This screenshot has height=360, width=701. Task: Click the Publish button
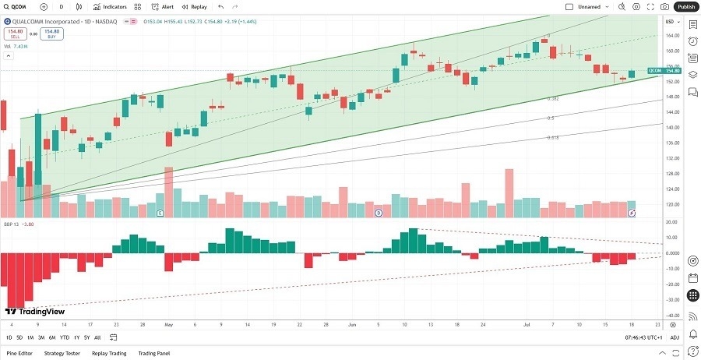point(685,6)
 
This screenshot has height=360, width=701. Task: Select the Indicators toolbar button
point(109,6)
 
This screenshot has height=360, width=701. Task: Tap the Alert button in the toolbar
point(163,6)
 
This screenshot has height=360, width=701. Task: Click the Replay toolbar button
point(196,6)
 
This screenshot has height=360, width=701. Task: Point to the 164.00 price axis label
point(671,36)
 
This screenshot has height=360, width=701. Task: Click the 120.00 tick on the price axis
point(671,205)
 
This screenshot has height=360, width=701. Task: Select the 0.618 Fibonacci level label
point(552,137)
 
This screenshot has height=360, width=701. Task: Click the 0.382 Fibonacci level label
point(552,98)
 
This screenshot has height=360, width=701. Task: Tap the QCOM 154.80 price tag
point(665,71)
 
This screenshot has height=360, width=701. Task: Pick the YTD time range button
point(64,337)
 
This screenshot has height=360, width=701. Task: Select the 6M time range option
point(52,337)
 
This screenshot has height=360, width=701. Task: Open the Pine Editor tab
point(19,353)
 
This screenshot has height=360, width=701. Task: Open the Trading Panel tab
point(153,353)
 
